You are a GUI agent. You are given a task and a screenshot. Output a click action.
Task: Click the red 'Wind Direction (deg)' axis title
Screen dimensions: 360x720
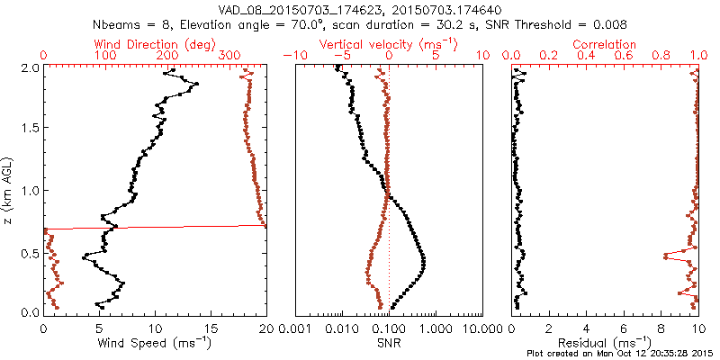tap(153, 44)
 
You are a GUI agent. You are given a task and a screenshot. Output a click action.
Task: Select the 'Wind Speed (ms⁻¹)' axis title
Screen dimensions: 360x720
tap(154, 343)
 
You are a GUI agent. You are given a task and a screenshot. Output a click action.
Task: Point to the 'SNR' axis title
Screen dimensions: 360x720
tap(389, 343)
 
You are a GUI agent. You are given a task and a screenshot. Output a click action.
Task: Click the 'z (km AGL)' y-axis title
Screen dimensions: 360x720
tap(8, 189)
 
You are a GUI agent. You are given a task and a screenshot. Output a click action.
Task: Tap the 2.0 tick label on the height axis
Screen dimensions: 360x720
tap(29, 67)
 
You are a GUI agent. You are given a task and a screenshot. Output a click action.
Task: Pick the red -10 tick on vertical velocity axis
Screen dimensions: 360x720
tap(290, 56)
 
